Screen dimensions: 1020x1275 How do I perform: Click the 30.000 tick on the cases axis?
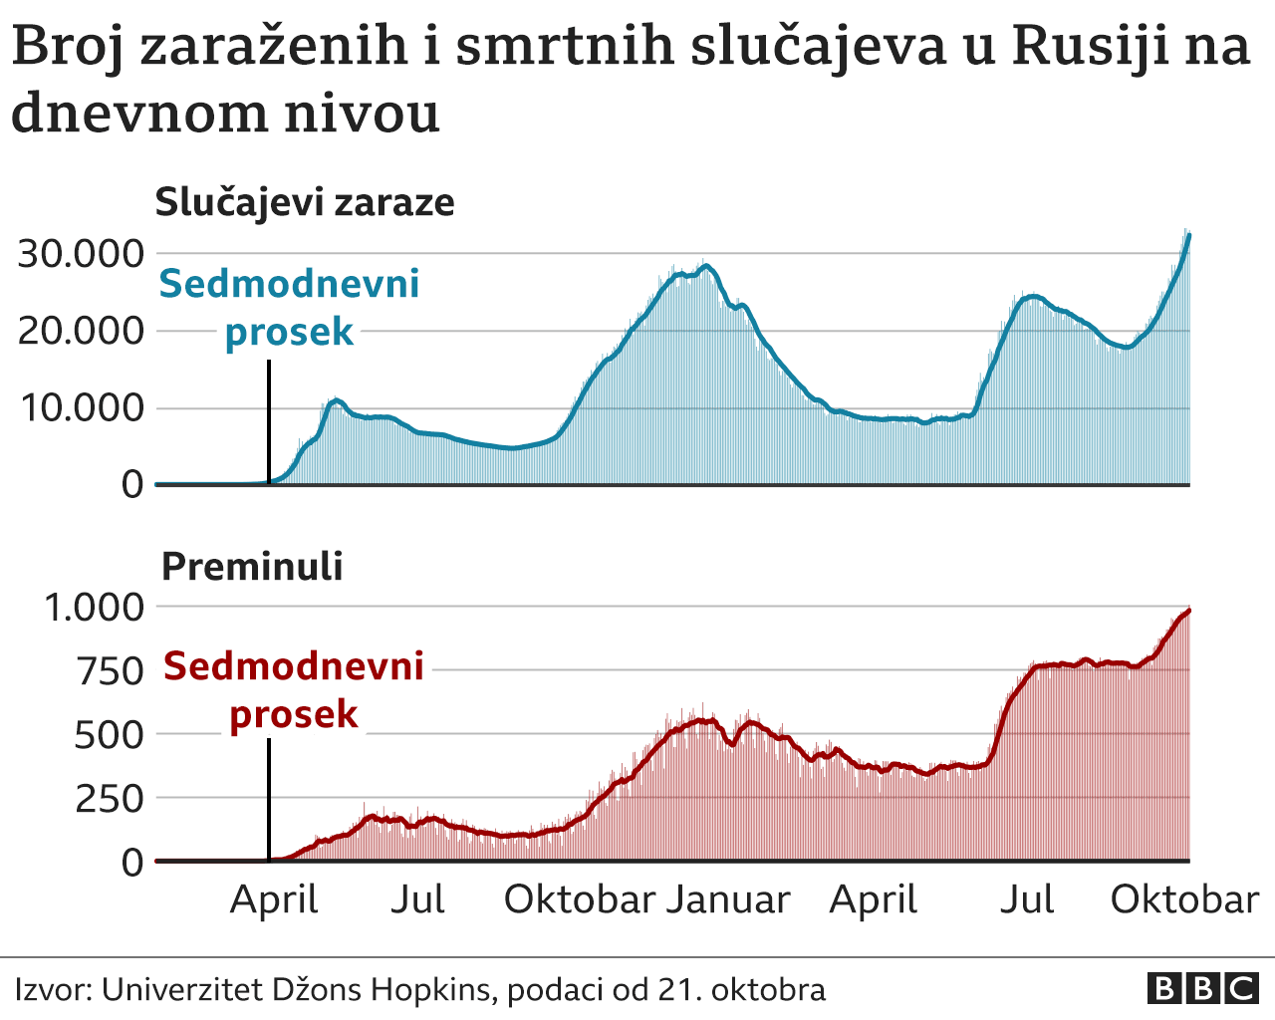(81, 253)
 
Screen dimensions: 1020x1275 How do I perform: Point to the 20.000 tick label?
(81, 330)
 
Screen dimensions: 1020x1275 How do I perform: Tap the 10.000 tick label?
(81, 407)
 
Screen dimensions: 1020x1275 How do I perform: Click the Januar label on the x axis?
(728, 899)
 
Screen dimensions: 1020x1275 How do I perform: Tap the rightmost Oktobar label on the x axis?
(1184, 899)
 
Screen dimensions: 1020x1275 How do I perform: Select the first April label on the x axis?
(274, 899)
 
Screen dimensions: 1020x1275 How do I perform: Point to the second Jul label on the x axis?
(1027, 899)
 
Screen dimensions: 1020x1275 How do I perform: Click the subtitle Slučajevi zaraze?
(305, 202)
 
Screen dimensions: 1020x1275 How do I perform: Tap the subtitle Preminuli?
(252, 566)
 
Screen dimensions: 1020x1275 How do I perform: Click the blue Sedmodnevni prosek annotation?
(289, 307)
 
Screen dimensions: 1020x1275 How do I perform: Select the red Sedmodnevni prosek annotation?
(294, 689)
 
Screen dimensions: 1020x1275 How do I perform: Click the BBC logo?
(1202, 988)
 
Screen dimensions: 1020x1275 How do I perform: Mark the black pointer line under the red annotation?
(269, 799)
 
